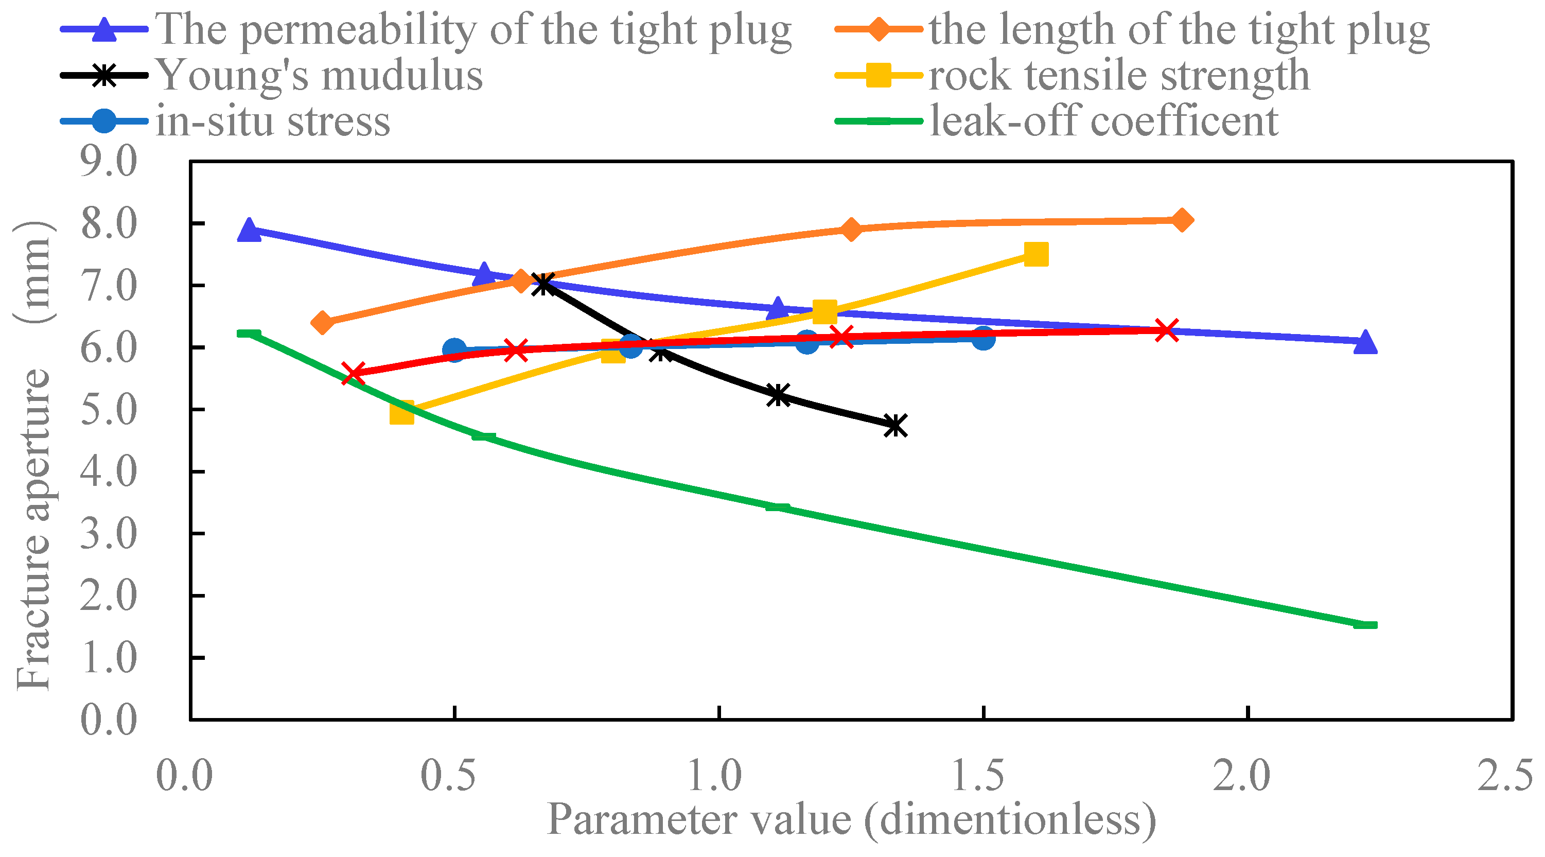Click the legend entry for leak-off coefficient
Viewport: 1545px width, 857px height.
1103,121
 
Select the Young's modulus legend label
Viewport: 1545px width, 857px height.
319,76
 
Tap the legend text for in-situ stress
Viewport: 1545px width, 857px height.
273,121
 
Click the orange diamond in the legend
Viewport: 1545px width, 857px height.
879,29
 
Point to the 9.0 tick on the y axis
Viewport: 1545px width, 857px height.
109,162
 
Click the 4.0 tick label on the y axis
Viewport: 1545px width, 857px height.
109,472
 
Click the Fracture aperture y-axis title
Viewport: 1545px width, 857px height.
33,456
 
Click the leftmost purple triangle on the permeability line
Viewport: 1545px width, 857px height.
249,230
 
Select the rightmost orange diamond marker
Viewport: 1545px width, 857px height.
1182,220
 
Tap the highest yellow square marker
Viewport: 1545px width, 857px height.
1036,254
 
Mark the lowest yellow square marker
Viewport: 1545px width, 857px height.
401,413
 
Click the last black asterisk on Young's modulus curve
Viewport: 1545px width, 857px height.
896,426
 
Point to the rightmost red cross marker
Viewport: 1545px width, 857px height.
1167,330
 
